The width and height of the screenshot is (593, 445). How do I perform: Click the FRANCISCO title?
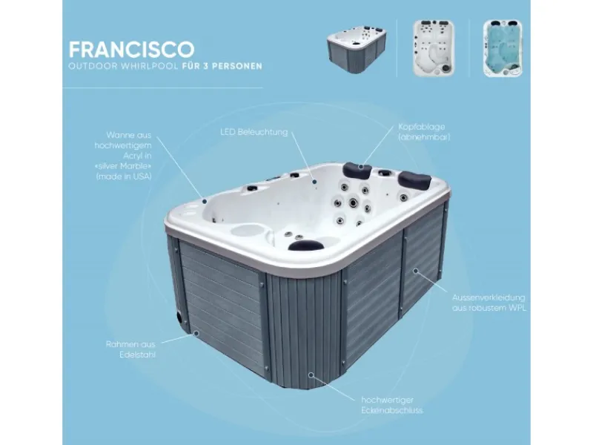click(x=132, y=49)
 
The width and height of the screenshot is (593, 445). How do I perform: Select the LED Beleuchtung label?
click(x=254, y=132)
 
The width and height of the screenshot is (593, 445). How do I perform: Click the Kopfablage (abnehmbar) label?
click(x=424, y=132)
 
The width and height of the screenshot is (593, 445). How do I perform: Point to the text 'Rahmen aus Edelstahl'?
click(x=131, y=349)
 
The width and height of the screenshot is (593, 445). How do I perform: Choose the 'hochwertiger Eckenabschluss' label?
click(x=392, y=405)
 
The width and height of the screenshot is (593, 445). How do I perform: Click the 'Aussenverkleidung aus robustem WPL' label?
click(x=489, y=303)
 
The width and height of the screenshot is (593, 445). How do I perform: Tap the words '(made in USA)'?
click(x=124, y=177)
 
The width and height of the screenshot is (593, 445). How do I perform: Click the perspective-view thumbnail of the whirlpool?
click(x=357, y=49)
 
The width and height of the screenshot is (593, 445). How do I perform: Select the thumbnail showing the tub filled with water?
click(x=503, y=48)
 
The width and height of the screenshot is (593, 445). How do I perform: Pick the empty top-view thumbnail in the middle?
click(x=434, y=48)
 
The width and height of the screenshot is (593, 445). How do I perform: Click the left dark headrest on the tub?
click(x=357, y=171)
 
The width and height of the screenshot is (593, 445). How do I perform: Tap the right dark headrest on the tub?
click(x=414, y=179)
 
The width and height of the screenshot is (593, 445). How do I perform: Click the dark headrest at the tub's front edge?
click(x=306, y=245)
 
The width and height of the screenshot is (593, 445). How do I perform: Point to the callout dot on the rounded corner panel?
click(x=311, y=375)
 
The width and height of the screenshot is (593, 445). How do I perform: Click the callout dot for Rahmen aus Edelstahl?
click(x=196, y=333)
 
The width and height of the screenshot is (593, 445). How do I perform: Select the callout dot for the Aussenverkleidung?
click(x=415, y=271)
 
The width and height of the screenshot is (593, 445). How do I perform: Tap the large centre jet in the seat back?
click(x=353, y=202)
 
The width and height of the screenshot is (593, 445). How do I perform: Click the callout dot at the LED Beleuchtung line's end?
click(x=314, y=182)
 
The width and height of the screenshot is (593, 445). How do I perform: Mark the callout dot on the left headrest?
click(x=361, y=166)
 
